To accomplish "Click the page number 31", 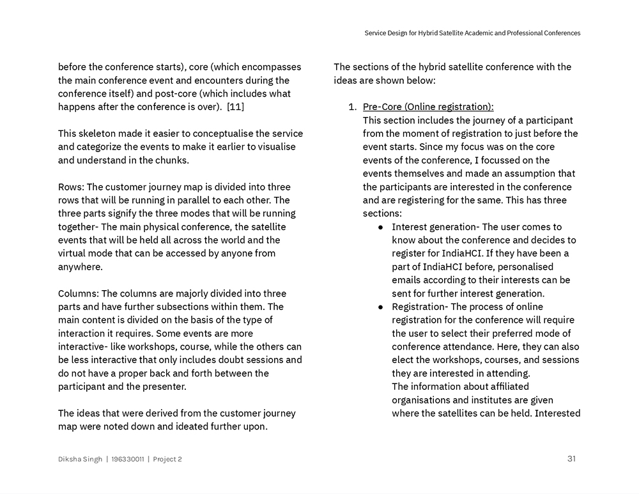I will (x=571, y=458).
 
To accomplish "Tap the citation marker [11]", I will (x=235, y=107).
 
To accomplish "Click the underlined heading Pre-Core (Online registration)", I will (x=428, y=107).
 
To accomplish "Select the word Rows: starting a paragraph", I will (x=71, y=187).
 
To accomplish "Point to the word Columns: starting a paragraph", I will (x=79, y=293).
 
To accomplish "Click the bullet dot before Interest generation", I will (x=381, y=227).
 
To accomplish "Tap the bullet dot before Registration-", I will (x=381, y=307).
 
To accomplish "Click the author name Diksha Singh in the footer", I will (x=80, y=459).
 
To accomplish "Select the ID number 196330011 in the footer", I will (x=127, y=459).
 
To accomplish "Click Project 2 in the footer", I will (x=167, y=459).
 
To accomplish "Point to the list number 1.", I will (x=352, y=107).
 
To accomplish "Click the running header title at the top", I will (x=472, y=33).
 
